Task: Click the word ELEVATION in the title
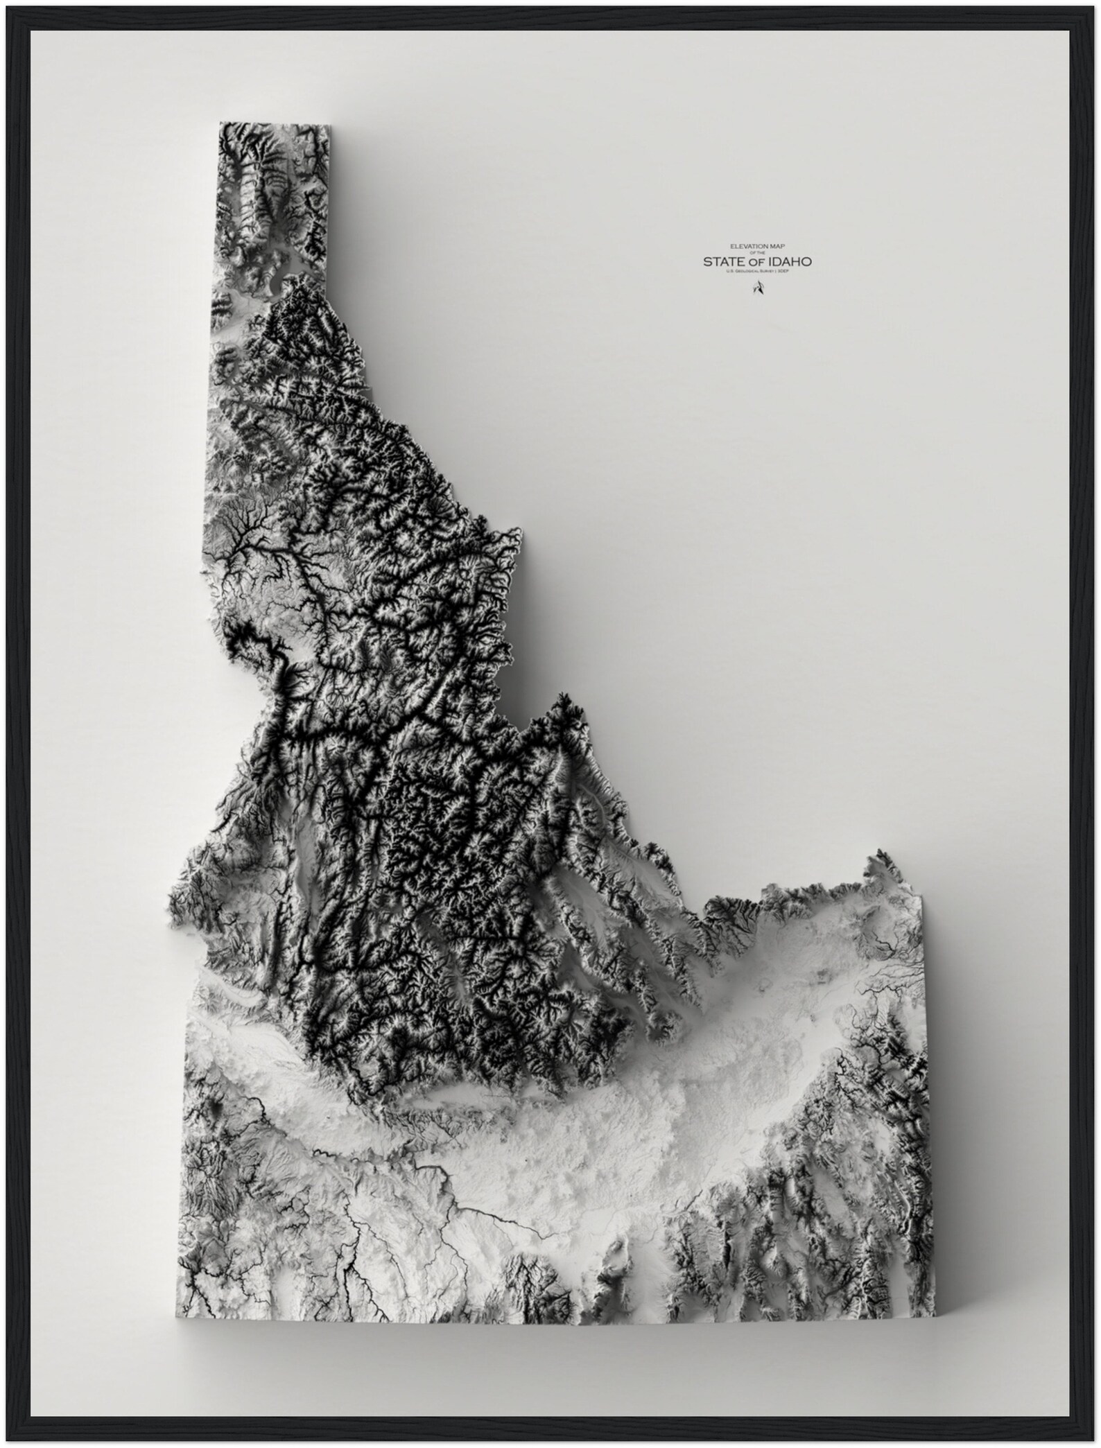[x=748, y=246]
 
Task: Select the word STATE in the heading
[x=723, y=261]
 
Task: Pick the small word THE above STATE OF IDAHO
[x=761, y=252]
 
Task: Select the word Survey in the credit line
[x=768, y=271]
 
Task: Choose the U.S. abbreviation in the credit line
[x=730, y=271]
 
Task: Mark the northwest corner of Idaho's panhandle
[x=220, y=123]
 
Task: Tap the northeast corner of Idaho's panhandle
[x=329, y=125]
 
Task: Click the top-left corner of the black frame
[x=3, y=3]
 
